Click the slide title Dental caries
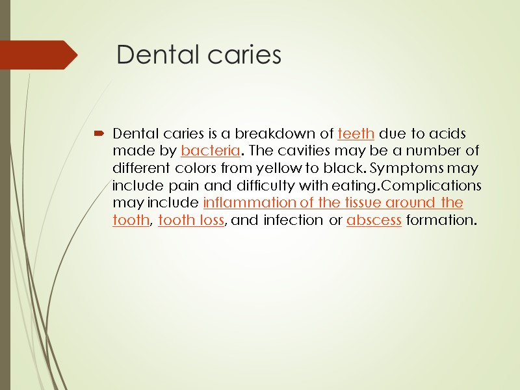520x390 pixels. click(x=199, y=56)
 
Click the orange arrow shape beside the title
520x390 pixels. click(x=39, y=55)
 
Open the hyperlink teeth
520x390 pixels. click(x=356, y=134)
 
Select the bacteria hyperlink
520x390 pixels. click(x=211, y=151)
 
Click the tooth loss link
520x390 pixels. click(x=191, y=220)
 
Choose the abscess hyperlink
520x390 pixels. click(x=374, y=220)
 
